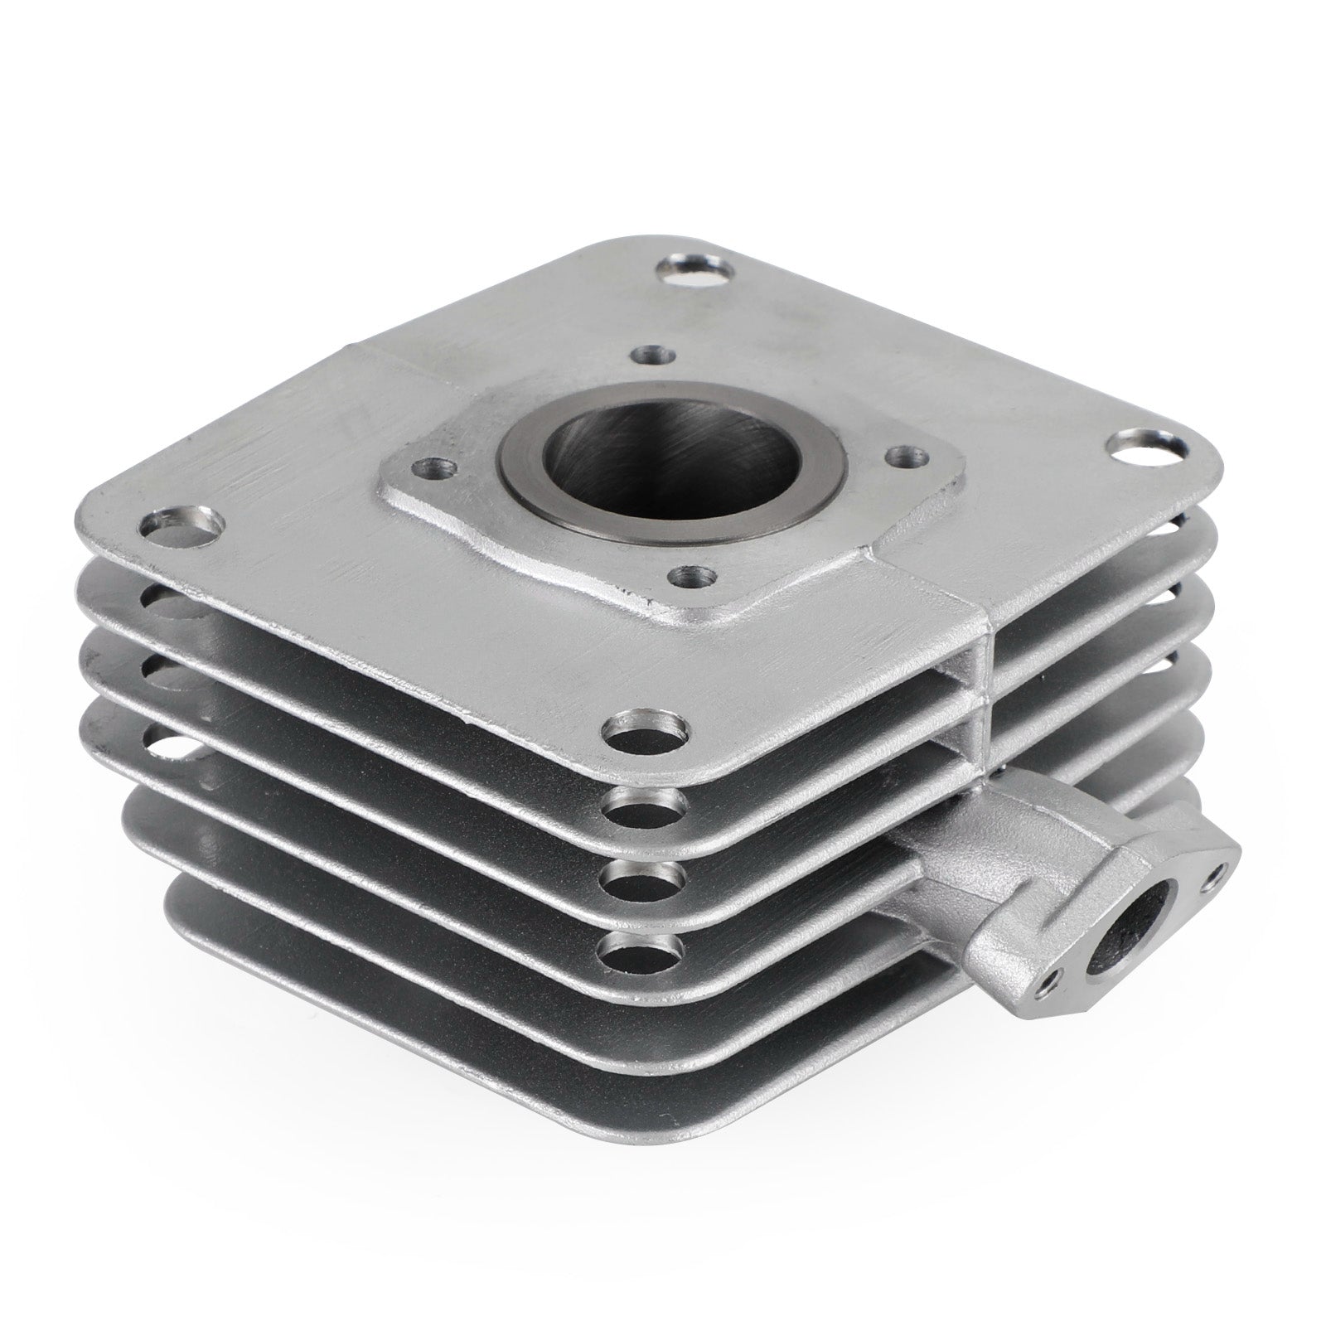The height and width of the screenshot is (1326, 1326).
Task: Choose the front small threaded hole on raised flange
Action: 692,576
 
